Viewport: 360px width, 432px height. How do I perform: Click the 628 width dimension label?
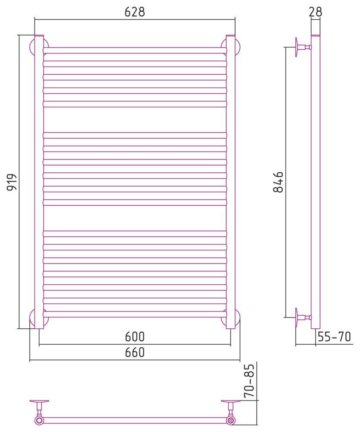[x=135, y=12]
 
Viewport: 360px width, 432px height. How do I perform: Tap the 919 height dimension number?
[x=12, y=182]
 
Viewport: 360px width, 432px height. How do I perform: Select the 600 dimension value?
[x=135, y=337]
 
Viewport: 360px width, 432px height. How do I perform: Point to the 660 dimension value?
[x=135, y=352]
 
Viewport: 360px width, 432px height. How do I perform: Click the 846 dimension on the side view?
[x=278, y=182]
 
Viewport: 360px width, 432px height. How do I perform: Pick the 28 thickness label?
[x=315, y=12]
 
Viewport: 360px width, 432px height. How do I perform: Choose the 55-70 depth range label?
[x=335, y=337]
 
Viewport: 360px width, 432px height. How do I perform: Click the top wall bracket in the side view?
[x=303, y=48]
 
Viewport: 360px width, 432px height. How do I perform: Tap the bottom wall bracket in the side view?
[x=303, y=318]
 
